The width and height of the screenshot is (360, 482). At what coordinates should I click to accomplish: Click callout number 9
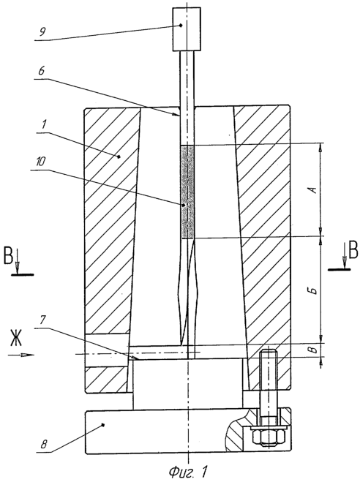click(x=42, y=32)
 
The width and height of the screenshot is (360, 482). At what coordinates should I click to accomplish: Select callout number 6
click(x=42, y=71)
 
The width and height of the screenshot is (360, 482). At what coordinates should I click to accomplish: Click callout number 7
click(x=42, y=320)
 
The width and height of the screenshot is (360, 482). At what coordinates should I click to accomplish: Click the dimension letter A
click(x=313, y=190)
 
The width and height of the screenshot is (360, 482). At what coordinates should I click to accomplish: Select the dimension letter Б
click(x=313, y=290)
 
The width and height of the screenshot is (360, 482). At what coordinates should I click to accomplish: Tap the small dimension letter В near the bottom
click(x=312, y=350)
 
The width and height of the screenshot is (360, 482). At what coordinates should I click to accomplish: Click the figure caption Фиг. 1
click(x=187, y=470)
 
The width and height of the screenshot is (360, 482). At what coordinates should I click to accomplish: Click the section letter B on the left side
click(x=8, y=255)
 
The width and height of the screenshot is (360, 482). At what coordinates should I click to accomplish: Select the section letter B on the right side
click(x=353, y=249)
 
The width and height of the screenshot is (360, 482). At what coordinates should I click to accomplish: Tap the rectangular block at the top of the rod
click(x=187, y=29)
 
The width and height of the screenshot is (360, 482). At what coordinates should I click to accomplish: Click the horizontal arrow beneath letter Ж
click(x=21, y=355)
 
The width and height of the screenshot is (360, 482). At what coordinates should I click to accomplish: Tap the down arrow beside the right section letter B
click(x=345, y=255)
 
